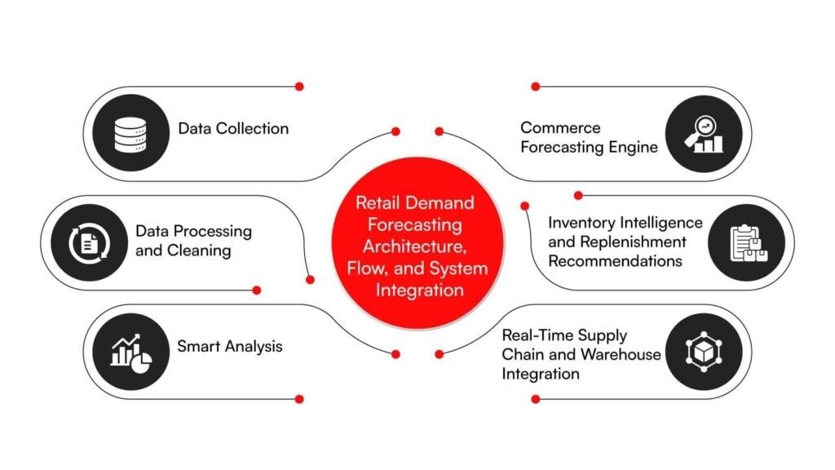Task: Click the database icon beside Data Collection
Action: tap(130, 133)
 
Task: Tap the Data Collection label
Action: tap(233, 128)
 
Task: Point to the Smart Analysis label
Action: tap(230, 346)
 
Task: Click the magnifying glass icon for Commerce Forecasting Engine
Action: tap(704, 133)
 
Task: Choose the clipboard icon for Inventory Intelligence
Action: tap(747, 242)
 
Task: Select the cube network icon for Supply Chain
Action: tap(704, 352)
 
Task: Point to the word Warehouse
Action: tap(620, 355)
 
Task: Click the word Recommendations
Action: tap(615, 261)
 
